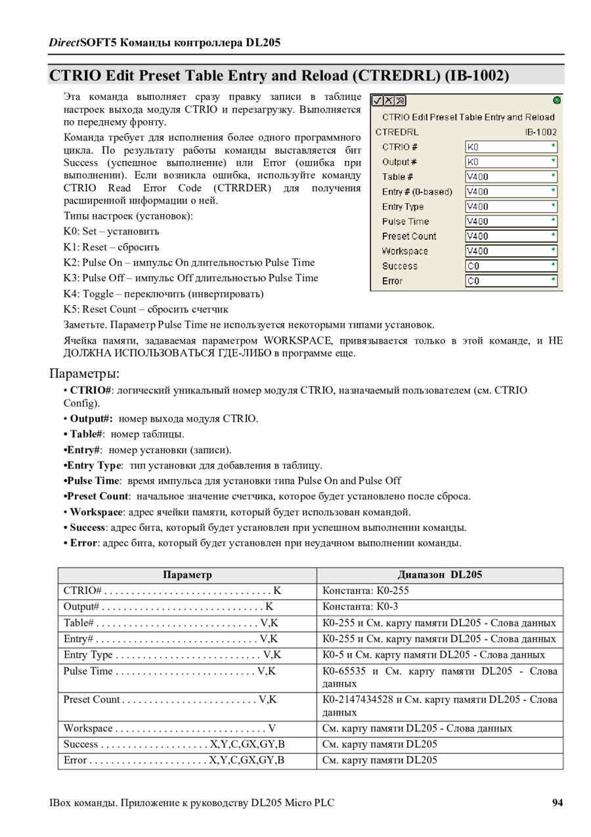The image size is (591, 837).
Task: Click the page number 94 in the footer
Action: (x=558, y=803)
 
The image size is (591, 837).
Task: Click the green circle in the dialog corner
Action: (x=557, y=101)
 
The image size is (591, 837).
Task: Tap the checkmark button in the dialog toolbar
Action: (x=378, y=101)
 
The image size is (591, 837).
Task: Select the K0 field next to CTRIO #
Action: (x=510, y=147)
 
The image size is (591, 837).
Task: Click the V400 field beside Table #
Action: (x=510, y=176)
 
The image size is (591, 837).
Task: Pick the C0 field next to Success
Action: (x=510, y=266)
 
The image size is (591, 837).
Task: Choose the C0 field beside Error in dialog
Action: (x=510, y=281)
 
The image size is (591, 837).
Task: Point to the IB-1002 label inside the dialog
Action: (x=540, y=131)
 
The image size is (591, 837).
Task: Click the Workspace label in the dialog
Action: (x=405, y=251)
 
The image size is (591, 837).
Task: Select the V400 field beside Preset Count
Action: (x=510, y=237)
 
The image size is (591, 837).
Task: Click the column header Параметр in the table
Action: (x=187, y=575)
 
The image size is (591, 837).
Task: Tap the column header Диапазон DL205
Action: (x=439, y=575)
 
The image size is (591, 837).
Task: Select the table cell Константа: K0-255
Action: (x=365, y=591)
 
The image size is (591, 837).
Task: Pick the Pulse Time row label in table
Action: (x=88, y=671)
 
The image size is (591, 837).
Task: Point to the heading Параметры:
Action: (x=85, y=374)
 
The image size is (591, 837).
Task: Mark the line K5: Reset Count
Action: (x=146, y=309)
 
